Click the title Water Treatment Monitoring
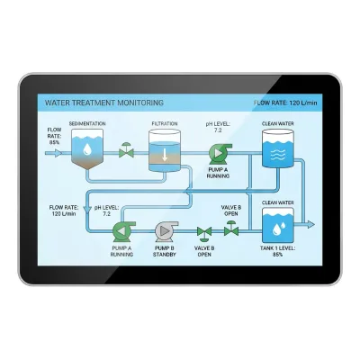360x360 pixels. pyautogui.click(x=104, y=103)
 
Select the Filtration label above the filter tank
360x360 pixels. pyautogui.click(x=165, y=123)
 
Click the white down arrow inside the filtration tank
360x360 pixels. pyautogui.click(x=165, y=154)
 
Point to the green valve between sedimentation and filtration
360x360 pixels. pyautogui.click(x=126, y=150)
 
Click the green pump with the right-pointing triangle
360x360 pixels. pyautogui.click(x=220, y=154)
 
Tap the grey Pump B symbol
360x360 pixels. pyautogui.click(x=166, y=231)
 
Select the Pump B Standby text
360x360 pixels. pyautogui.click(x=165, y=251)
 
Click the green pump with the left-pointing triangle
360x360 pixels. pyautogui.click(x=123, y=231)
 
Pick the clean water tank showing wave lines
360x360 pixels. pyautogui.click(x=278, y=148)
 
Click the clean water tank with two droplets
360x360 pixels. pyautogui.click(x=278, y=225)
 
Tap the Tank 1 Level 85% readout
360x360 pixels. pyautogui.click(x=278, y=251)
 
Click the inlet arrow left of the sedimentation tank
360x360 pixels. pyautogui.click(x=53, y=153)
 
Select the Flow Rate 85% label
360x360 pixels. pyautogui.click(x=54, y=136)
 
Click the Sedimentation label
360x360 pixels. pyautogui.click(x=87, y=123)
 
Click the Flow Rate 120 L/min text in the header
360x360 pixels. pyautogui.click(x=285, y=103)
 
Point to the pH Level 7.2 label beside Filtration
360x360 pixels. pyautogui.click(x=218, y=127)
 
